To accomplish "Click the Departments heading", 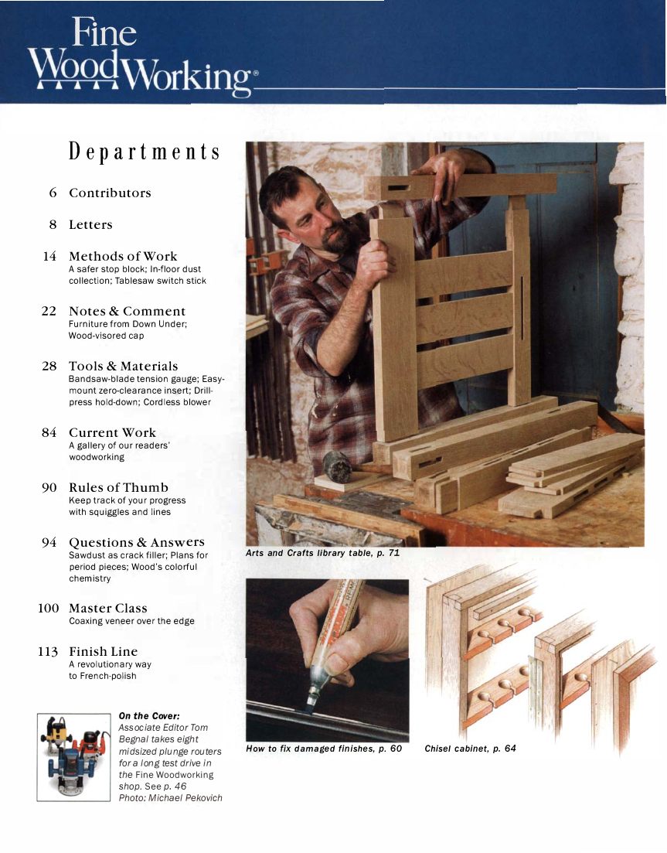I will [x=145, y=151].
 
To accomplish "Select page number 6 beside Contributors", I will [x=52, y=193].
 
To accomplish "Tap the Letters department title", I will [x=90, y=225].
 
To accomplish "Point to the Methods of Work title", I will [x=123, y=256].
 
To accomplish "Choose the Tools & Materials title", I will [x=124, y=366].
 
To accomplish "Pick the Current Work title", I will [x=112, y=432].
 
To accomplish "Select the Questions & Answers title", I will [x=137, y=542].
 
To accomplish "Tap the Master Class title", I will [x=108, y=609].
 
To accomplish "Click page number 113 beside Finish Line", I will [x=48, y=652].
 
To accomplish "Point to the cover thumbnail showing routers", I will [x=74, y=757].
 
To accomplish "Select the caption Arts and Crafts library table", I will [x=322, y=554].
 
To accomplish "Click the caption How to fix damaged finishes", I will [x=324, y=749].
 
